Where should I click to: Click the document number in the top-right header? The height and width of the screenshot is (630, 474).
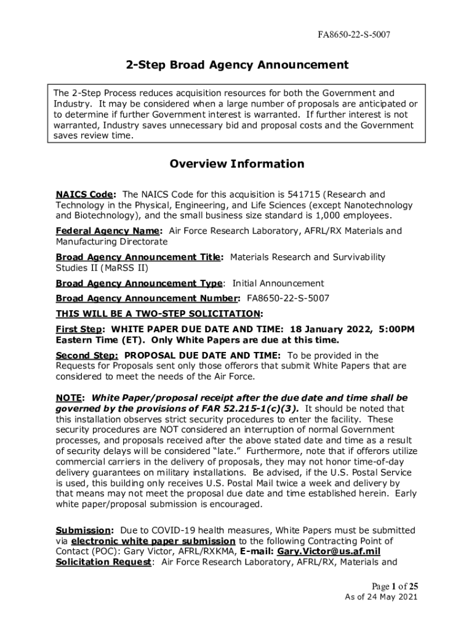pyautogui.click(x=353, y=36)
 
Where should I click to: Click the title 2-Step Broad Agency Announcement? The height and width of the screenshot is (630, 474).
pyautogui.click(x=237, y=65)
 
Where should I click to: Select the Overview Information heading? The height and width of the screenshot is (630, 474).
pyautogui.click(x=237, y=164)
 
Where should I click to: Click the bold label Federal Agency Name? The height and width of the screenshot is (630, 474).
pyautogui.click(x=109, y=231)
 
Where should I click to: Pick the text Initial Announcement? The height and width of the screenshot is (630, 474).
pyautogui.click(x=278, y=283)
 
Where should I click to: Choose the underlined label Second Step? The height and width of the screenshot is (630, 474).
pyautogui.click(x=87, y=355)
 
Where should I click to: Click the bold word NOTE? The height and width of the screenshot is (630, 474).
pyautogui.click(x=70, y=398)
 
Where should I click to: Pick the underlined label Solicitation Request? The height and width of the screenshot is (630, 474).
pyautogui.click(x=103, y=562)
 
